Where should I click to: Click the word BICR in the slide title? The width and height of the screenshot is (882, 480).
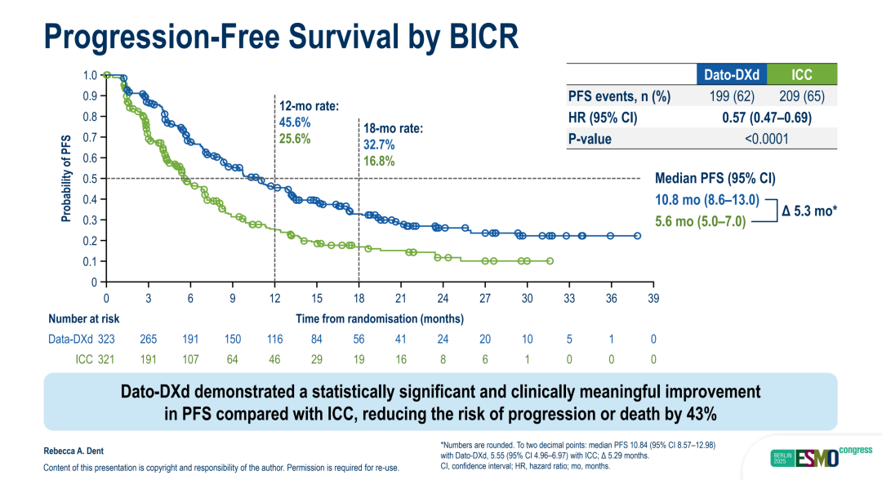[x=473, y=37]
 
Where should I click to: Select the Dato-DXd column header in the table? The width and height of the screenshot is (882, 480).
[x=732, y=75]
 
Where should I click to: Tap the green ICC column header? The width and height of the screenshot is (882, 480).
[x=802, y=75]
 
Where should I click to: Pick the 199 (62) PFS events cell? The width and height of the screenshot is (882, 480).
[x=732, y=96]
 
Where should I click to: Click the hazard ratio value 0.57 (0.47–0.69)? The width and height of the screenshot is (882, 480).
[x=766, y=118]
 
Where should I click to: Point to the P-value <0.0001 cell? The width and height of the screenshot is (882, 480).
[x=766, y=139]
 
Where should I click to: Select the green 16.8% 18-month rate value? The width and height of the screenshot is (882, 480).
[x=380, y=162]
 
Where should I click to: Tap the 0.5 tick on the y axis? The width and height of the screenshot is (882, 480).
[x=90, y=179]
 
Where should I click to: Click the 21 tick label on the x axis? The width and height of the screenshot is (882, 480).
[x=400, y=298]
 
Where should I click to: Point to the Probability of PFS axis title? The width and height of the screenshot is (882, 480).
[x=65, y=179]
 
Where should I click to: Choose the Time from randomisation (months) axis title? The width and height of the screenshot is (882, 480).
[x=380, y=318]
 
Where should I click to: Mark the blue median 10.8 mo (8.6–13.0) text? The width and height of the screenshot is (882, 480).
[x=708, y=199]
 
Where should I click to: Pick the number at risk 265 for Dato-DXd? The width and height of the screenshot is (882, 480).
[x=148, y=339]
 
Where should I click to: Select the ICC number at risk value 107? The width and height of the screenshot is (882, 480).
[x=190, y=359]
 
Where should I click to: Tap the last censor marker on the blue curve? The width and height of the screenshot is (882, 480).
[x=638, y=236]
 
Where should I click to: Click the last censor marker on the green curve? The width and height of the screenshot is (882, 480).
[x=550, y=261]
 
